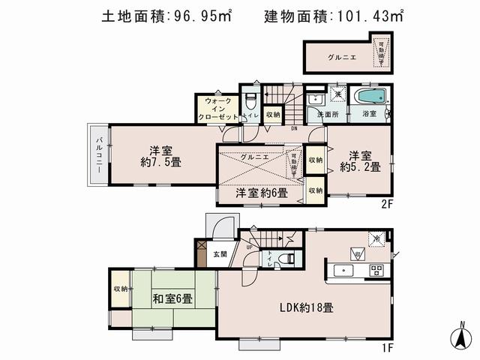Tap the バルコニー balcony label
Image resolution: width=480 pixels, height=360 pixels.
click(98, 156)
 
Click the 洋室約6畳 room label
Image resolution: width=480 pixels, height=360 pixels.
click(262, 193)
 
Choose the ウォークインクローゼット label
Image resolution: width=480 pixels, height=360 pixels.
click(217, 109)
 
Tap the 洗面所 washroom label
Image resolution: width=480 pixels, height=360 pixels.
click(328, 115)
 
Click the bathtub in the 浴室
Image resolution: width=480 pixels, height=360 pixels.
click(370, 97)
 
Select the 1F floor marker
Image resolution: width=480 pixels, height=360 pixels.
click(386, 348)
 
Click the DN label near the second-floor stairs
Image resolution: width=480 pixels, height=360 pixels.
click(295, 128)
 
